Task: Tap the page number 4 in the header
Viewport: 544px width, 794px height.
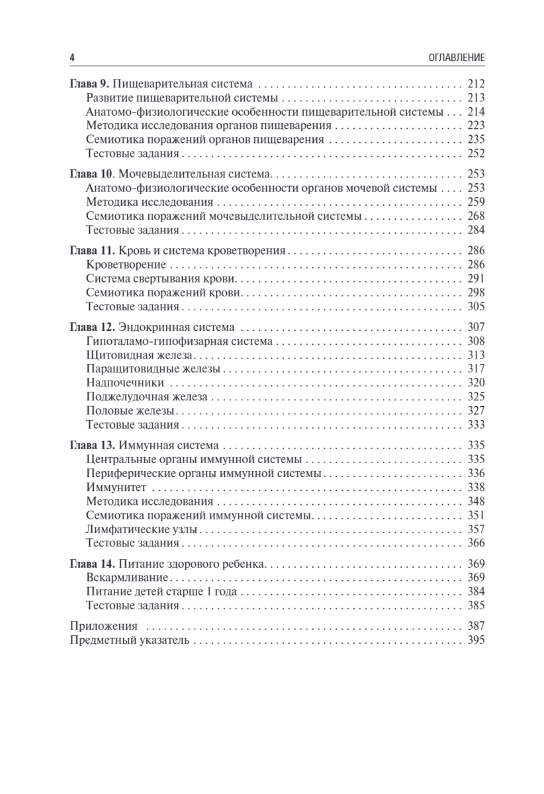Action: tap(72, 58)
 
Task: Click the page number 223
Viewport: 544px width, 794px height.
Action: tap(476, 126)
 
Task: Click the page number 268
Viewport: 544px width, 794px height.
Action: tap(476, 216)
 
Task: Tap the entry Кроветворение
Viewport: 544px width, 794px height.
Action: tap(126, 265)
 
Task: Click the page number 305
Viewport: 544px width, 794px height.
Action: tap(476, 306)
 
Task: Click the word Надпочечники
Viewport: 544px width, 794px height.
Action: tap(125, 382)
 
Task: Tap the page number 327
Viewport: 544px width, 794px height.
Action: tap(476, 410)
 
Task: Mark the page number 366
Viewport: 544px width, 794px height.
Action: tap(476, 543)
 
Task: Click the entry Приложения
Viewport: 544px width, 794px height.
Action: tap(104, 626)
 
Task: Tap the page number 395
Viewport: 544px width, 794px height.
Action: tap(476, 640)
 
